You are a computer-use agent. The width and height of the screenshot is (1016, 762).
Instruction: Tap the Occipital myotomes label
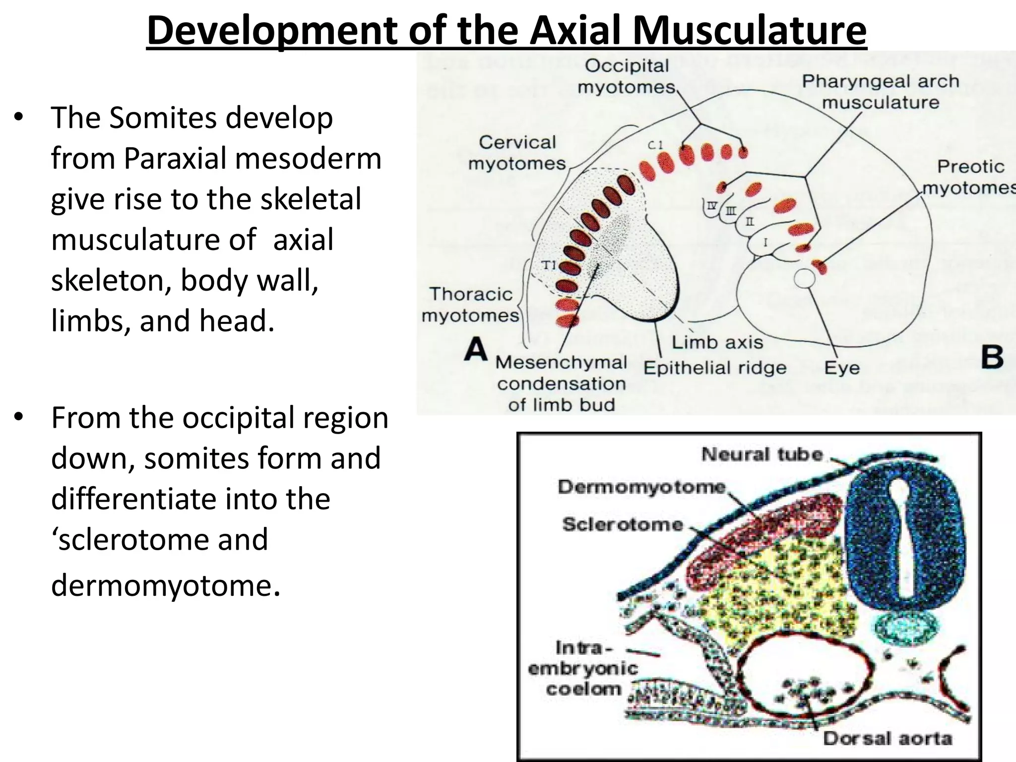[x=627, y=76]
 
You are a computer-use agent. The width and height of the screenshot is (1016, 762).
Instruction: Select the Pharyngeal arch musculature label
[x=881, y=92]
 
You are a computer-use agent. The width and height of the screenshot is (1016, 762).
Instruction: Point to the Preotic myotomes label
[x=970, y=177]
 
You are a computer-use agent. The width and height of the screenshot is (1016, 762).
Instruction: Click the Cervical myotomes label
[x=517, y=153]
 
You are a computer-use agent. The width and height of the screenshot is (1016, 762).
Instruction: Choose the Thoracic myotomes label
[x=470, y=305]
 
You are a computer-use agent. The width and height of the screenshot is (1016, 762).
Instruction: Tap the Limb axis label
[x=717, y=342]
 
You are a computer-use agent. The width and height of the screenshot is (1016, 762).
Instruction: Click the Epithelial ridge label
[x=715, y=368]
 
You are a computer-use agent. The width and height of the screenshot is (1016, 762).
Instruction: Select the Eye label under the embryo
[x=841, y=368]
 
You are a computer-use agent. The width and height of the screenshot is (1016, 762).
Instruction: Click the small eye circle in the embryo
[x=804, y=279]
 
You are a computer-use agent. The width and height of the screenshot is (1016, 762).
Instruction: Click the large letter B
[x=992, y=357]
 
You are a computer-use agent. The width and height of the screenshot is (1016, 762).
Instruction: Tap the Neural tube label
[x=762, y=454]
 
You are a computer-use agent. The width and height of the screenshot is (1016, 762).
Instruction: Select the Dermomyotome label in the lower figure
[x=642, y=487]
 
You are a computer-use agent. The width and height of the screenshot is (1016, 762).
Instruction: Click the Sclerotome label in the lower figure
[x=623, y=524]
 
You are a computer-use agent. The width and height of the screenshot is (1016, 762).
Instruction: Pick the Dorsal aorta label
[x=888, y=739]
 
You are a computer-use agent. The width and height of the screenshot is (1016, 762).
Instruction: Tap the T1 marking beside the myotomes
[x=549, y=265]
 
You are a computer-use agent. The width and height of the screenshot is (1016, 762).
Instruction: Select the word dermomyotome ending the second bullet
[x=162, y=585]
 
